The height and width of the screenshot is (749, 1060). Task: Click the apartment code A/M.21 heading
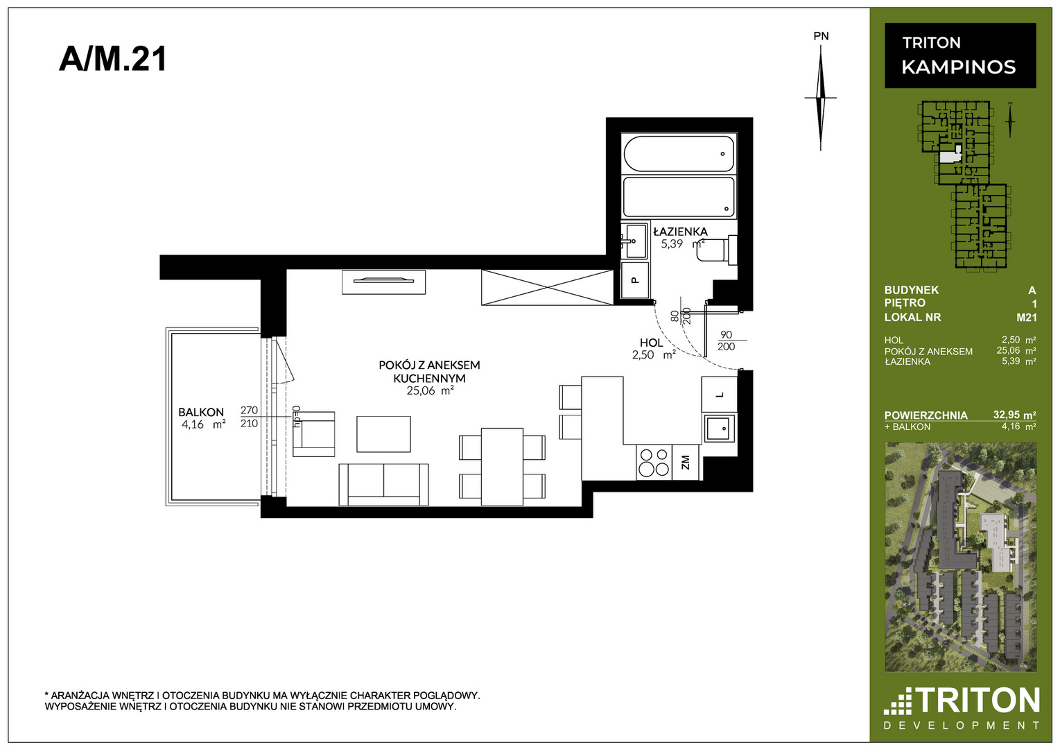pos(112,60)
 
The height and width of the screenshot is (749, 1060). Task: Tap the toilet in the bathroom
pos(717,250)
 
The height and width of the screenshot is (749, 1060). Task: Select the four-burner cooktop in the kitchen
pos(654,462)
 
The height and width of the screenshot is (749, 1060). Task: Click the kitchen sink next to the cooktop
pos(720,428)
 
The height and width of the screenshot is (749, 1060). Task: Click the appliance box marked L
pos(720,394)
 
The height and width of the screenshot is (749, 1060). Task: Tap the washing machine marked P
pos(635,279)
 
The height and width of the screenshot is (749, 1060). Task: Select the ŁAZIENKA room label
pos(680,232)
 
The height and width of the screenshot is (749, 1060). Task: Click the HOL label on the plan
pos(651,343)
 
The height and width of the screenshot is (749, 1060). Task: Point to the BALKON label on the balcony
pos(201,412)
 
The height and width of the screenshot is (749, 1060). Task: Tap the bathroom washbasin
pos(634,241)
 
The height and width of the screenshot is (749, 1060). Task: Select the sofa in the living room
pos(383,484)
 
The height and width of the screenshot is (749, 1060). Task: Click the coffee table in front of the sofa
pos(384,434)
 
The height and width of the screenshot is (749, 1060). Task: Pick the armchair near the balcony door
pos(314,434)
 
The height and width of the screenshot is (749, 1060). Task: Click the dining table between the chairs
pos(502,467)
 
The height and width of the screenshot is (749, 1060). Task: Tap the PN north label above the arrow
pos(821,36)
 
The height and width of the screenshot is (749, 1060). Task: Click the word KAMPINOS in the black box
pos(958,67)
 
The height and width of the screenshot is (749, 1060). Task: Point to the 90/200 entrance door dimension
pos(726,341)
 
